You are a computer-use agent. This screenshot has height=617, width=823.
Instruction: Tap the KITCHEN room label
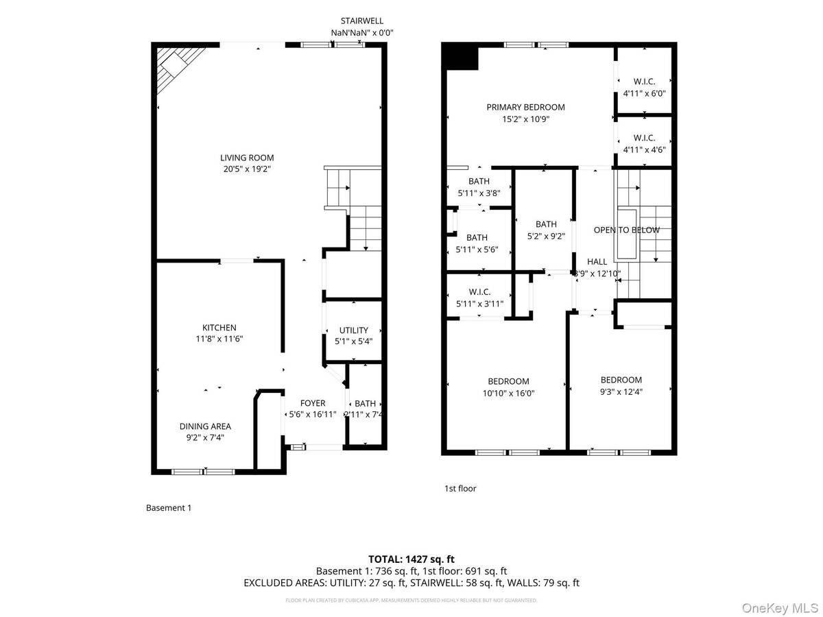[x=219, y=328]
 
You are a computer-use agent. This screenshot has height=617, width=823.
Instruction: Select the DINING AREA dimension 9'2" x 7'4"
[x=205, y=437]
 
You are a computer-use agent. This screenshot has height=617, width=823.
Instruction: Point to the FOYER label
[x=313, y=403]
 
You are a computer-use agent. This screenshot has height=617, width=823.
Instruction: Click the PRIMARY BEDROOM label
[x=525, y=107]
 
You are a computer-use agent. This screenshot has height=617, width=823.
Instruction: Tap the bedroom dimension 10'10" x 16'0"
[x=508, y=394]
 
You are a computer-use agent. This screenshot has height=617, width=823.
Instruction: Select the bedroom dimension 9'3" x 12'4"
[x=621, y=391]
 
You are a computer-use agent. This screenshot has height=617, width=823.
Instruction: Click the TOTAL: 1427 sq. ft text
[x=411, y=559]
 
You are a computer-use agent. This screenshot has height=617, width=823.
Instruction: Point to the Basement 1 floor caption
[x=169, y=508]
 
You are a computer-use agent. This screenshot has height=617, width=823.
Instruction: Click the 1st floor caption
[x=460, y=488]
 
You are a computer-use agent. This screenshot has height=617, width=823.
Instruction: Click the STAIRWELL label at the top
[x=361, y=21]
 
